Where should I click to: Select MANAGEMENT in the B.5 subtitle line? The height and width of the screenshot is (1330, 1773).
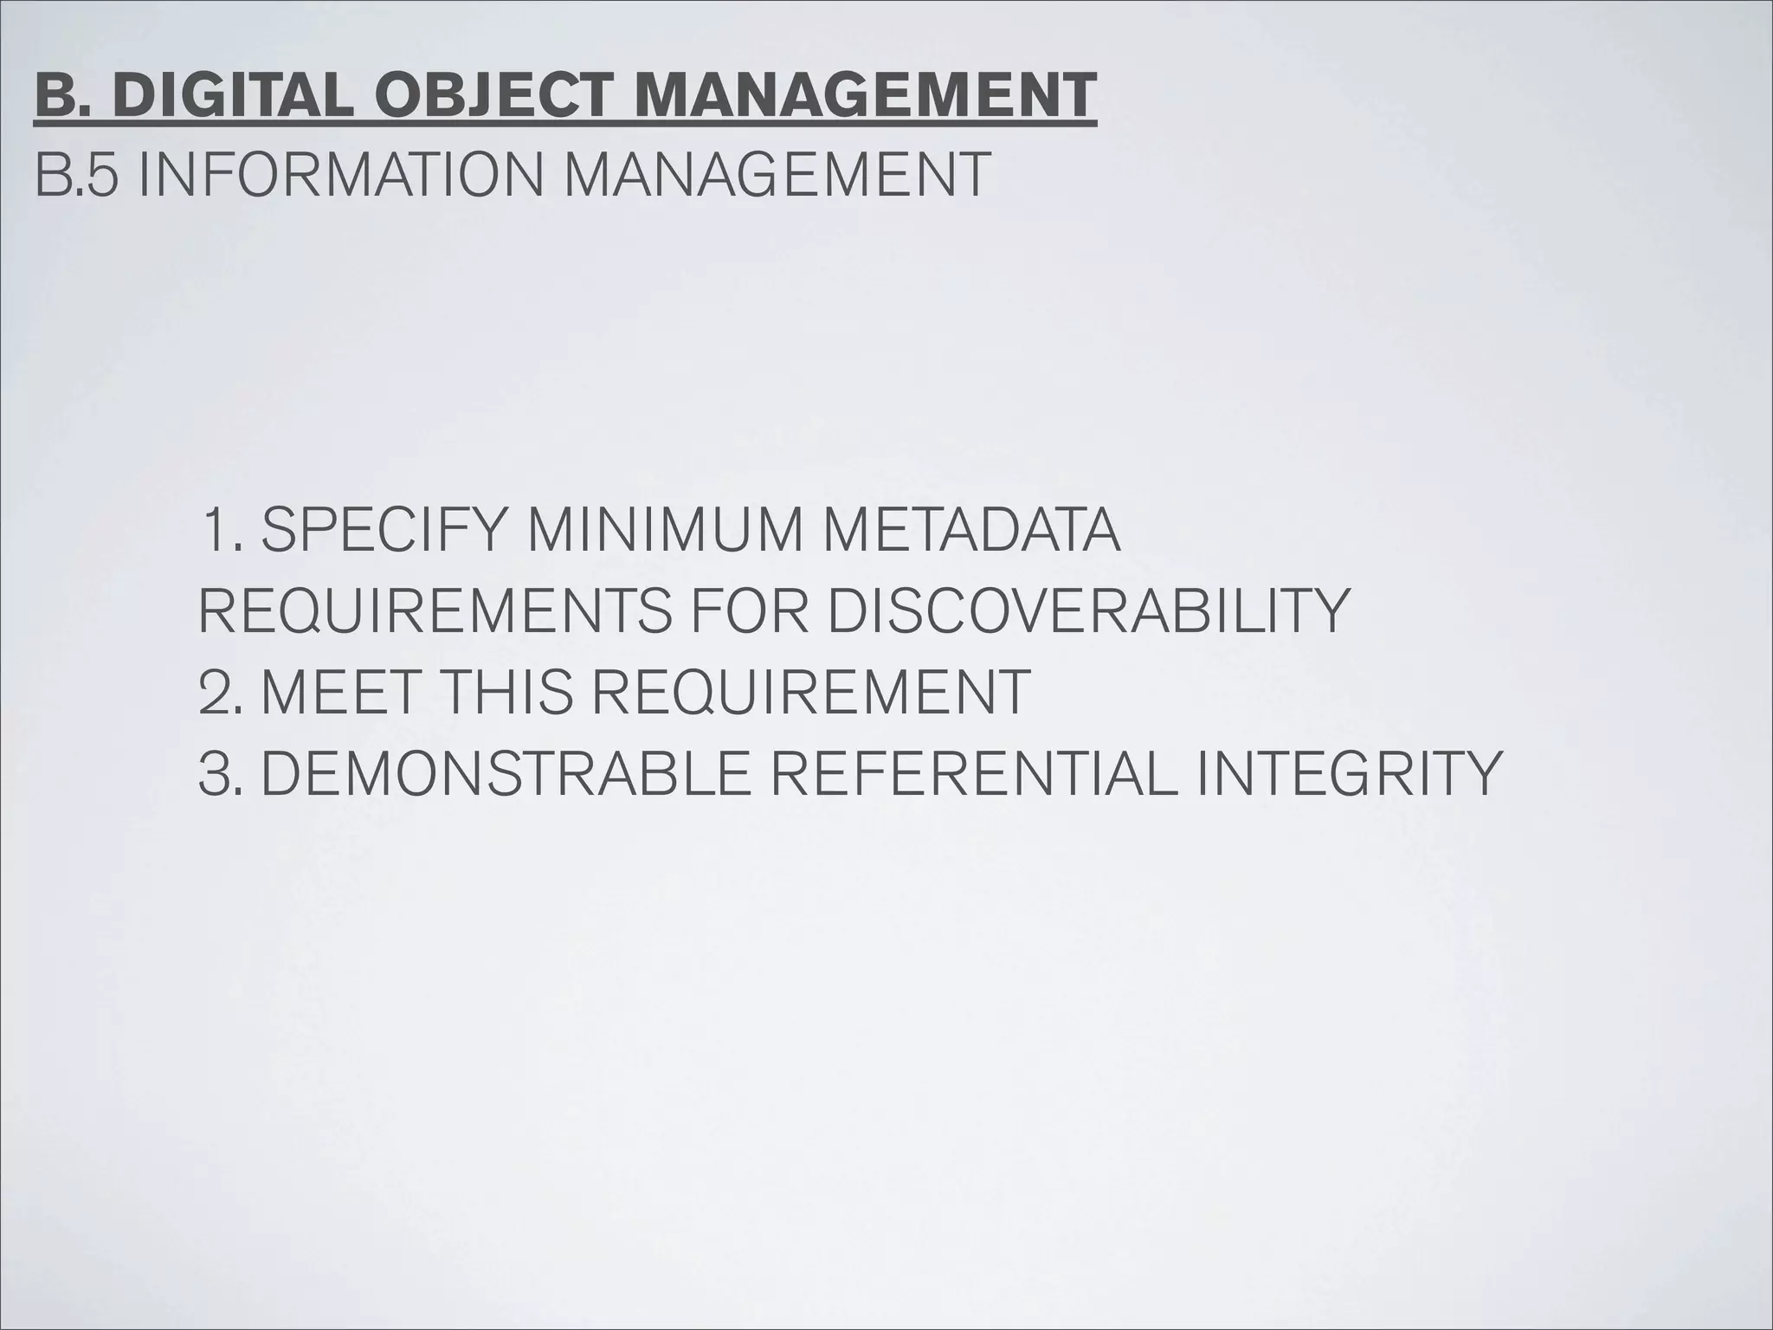776,175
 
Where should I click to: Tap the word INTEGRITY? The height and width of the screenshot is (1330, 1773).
1346,773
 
